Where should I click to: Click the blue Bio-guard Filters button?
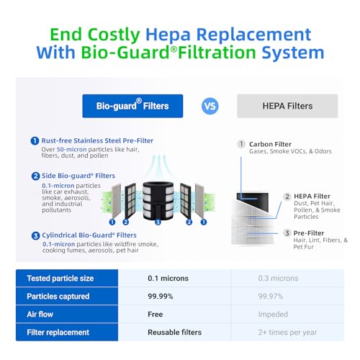point(132,106)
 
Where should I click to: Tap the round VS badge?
point(210,106)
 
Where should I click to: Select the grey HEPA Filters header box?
point(287,106)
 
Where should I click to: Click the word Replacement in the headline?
point(253,35)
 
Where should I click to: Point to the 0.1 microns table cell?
point(168,278)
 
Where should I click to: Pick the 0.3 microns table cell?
point(278,278)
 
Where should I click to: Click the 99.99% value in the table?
point(161,296)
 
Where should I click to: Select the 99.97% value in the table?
point(271,296)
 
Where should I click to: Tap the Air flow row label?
point(40,314)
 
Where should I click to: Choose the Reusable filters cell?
point(174,332)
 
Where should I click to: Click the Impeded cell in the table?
point(273,314)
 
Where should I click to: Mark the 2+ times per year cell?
point(287,333)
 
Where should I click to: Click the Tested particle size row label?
point(60,278)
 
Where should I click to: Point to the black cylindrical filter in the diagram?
point(158,201)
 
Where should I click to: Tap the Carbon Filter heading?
point(270,144)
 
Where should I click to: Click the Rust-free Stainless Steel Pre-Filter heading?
point(97,140)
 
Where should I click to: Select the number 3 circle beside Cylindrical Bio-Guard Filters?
point(35,235)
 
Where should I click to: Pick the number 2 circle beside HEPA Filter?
point(287,197)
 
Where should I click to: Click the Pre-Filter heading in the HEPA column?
point(309,233)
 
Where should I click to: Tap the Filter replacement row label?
point(58,332)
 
